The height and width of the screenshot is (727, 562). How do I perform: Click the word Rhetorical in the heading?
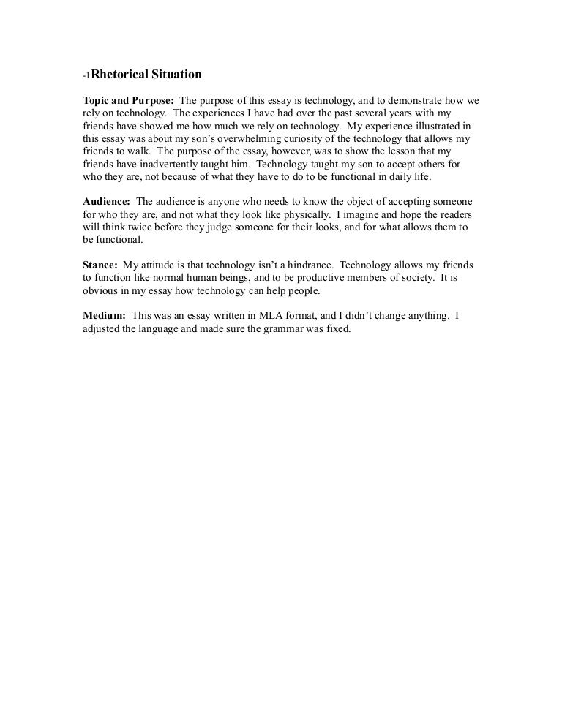click(119, 74)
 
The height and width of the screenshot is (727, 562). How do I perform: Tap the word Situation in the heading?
click(176, 74)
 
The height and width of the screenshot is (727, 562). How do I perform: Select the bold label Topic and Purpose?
click(127, 100)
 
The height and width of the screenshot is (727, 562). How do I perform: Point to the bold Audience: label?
click(106, 201)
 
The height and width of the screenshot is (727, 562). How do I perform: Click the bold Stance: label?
click(100, 265)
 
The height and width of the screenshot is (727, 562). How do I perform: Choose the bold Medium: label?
click(104, 316)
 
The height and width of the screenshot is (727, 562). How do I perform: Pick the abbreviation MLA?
click(277, 316)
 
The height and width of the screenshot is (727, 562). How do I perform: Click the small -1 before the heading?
click(86, 75)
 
